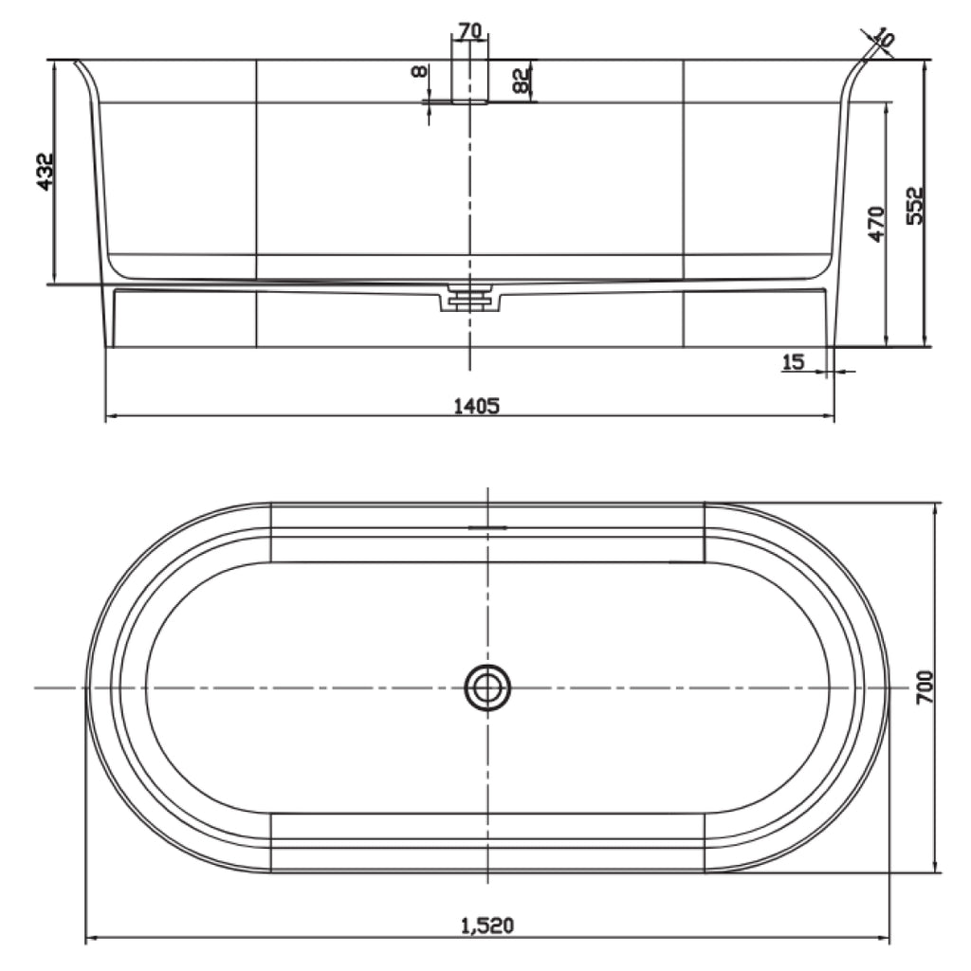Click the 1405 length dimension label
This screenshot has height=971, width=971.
point(476,406)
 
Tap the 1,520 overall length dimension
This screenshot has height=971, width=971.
point(487,925)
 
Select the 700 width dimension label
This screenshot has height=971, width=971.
point(924,687)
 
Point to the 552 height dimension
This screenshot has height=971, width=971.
point(915,206)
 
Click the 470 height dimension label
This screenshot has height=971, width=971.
point(875,224)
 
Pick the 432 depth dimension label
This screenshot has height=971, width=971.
point(46,172)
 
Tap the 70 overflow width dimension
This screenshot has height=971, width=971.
point(470,30)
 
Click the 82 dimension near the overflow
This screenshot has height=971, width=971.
point(522,80)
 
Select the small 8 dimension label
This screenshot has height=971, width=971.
point(419,72)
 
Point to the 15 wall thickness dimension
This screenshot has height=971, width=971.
point(794,361)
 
